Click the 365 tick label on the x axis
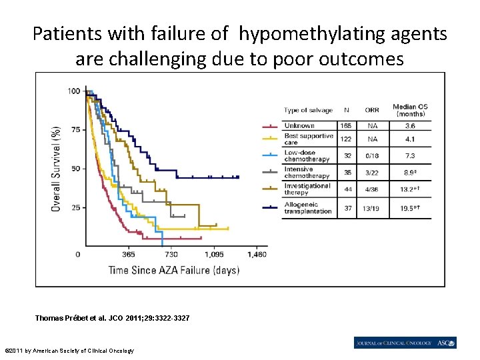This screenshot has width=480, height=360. coord(129,255)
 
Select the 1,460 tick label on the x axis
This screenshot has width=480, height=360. coord(257,255)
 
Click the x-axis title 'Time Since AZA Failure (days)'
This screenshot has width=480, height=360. coord(174,270)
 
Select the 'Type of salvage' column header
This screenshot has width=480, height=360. coord(307,110)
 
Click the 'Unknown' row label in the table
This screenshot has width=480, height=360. coord(299,125)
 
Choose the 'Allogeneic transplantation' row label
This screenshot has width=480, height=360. coord(307,208)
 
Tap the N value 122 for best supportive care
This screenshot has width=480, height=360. coord(346,139)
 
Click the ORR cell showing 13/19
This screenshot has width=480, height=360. coord(371,208)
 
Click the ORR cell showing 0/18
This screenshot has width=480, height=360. coord(371,156)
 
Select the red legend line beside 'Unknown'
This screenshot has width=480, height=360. coord(269,126)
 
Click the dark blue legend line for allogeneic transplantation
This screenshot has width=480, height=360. coord(269,207)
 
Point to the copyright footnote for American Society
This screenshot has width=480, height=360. coord(69,351)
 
